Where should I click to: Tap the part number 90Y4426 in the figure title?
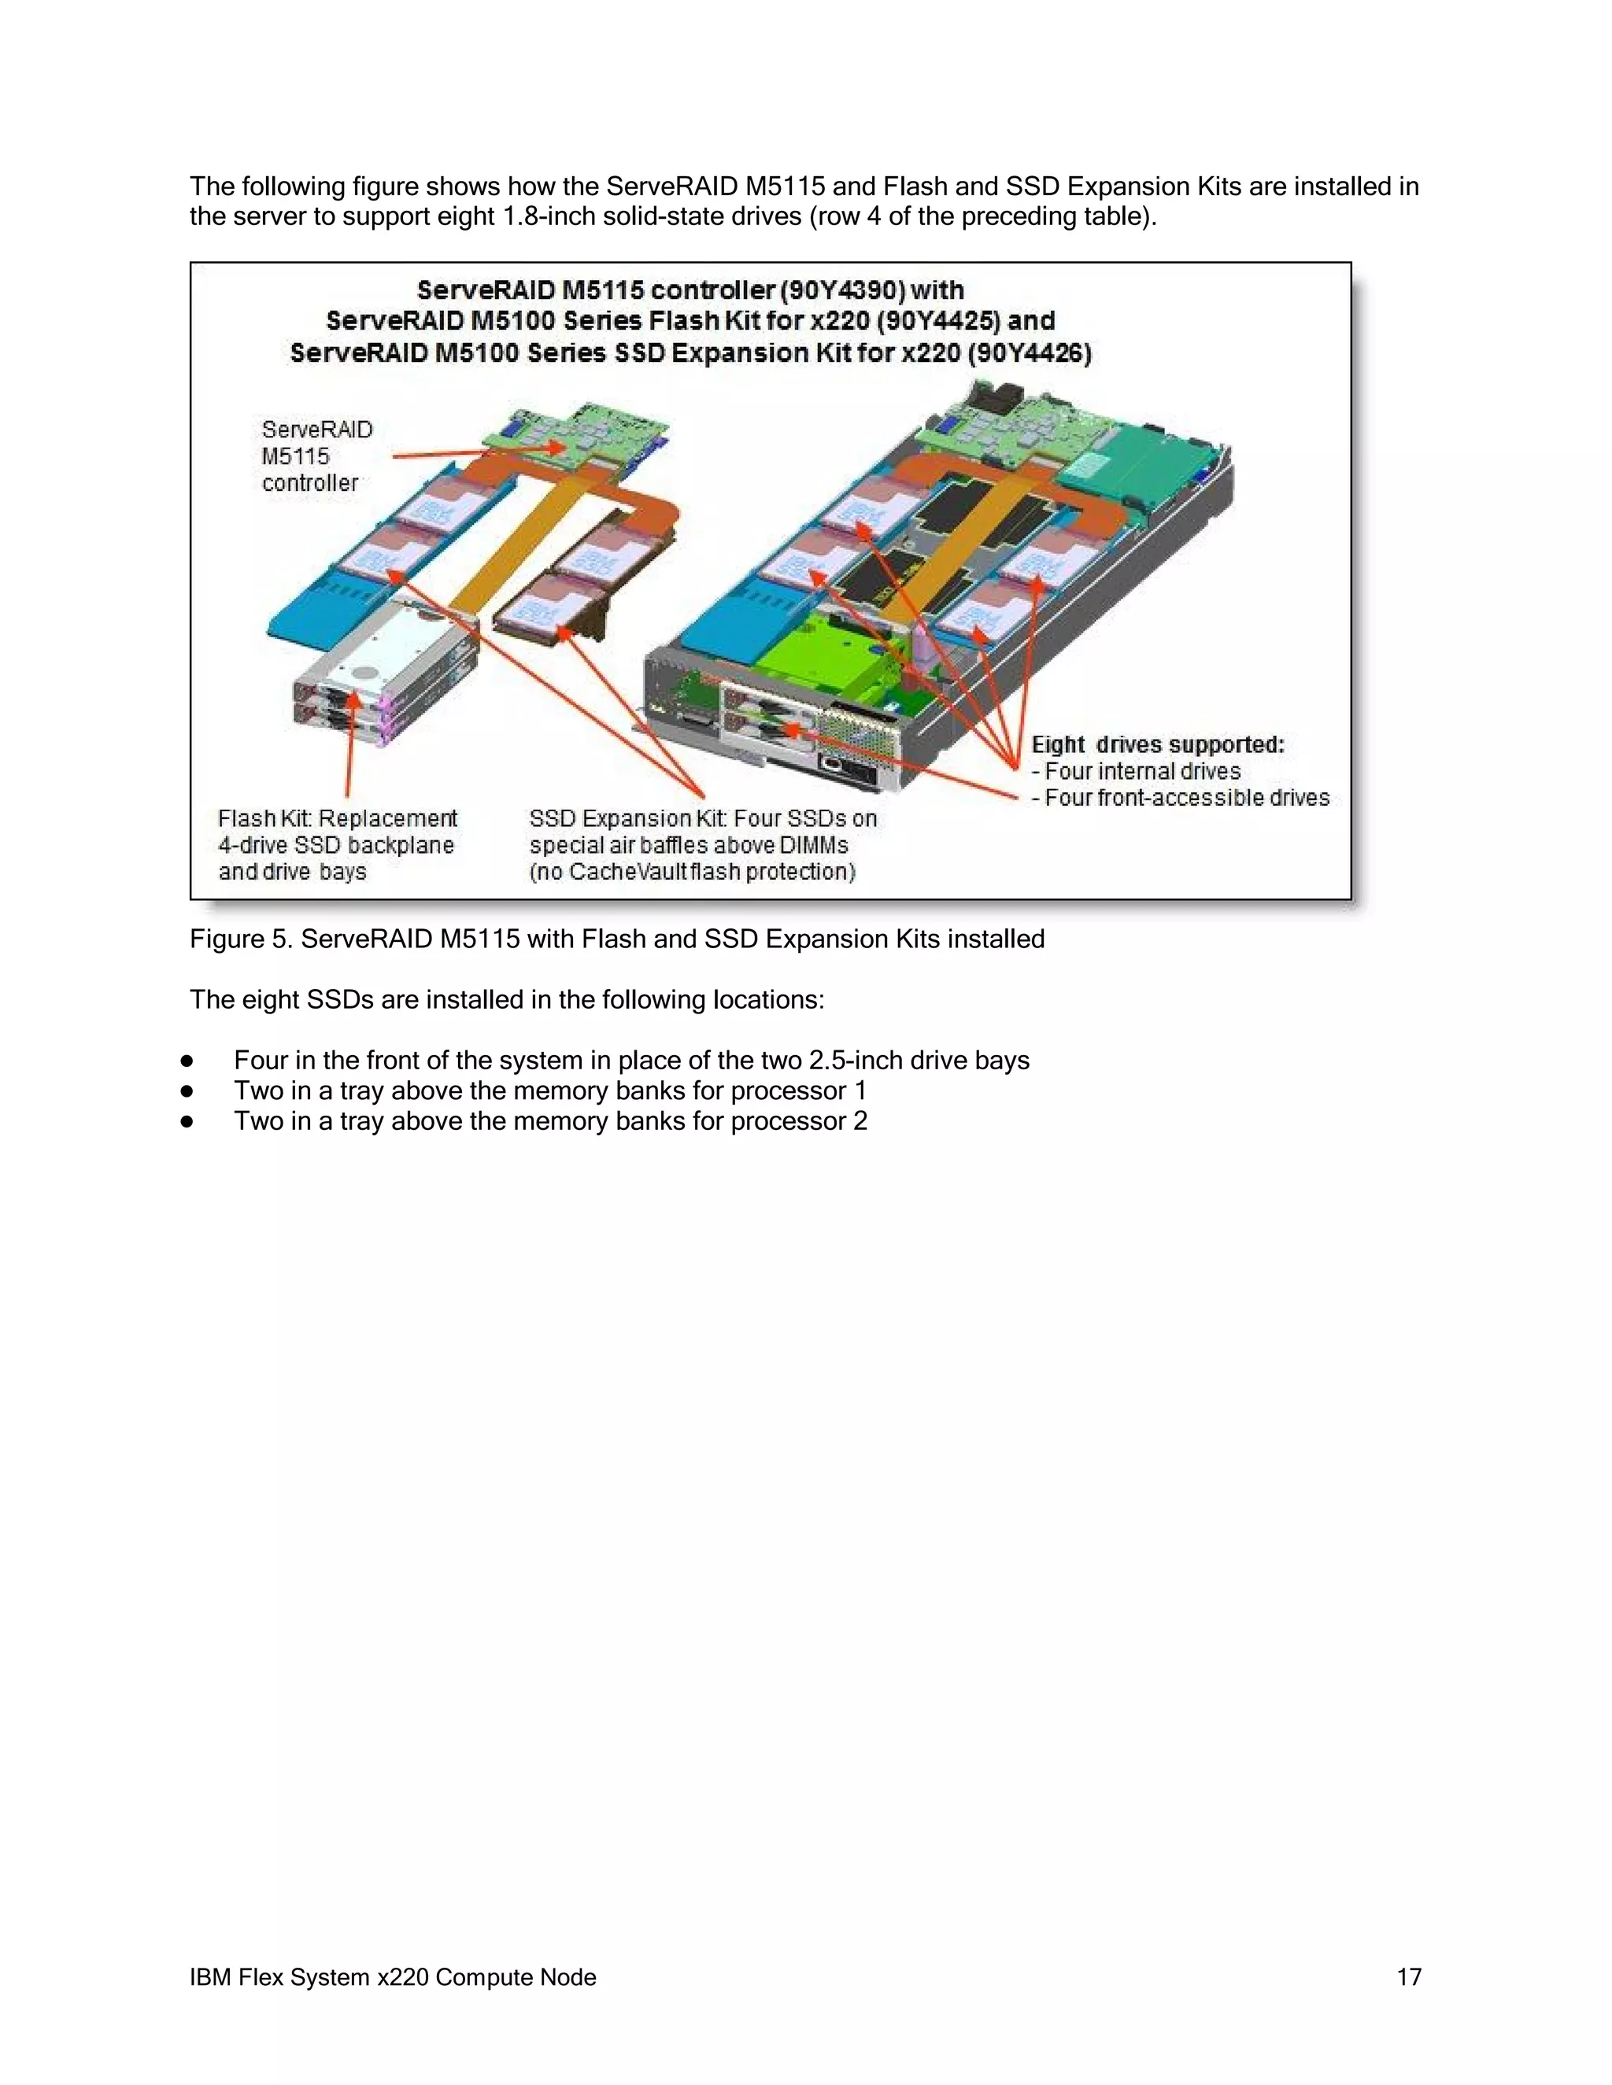coord(1030,353)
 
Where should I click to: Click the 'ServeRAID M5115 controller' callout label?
coord(316,456)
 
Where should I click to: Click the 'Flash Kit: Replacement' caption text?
coord(337,819)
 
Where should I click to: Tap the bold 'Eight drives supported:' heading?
coord(1157,744)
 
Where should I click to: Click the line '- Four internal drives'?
coord(1136,771)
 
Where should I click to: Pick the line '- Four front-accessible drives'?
coord(1181,798)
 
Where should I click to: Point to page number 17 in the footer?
coord(1409,1977)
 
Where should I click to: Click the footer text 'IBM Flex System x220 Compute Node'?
coord(393,1977)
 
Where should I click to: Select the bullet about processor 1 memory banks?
coord(550,1091)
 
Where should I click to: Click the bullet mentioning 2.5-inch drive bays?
coord(630,1061)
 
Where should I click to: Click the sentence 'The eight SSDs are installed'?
coord(506,1001)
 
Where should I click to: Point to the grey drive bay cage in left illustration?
coord(382,677)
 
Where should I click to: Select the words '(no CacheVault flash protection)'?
coord(693,873)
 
